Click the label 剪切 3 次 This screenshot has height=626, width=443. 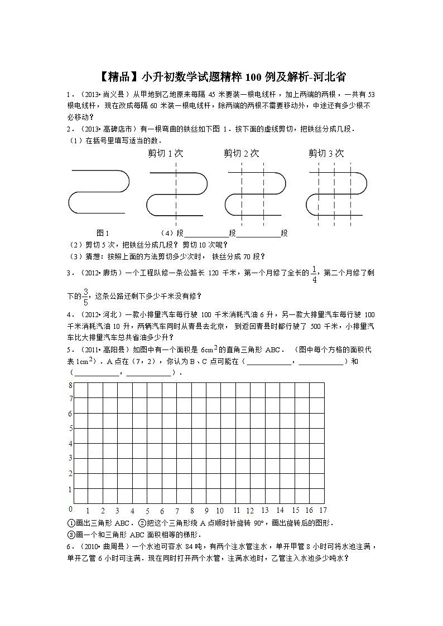click(326, 153)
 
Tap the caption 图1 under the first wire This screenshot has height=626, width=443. click(103, 233)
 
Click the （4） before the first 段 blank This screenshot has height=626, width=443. click(167, 233)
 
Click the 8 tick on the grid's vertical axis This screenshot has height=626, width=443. click(70, 385)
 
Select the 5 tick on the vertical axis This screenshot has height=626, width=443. click(70, 429)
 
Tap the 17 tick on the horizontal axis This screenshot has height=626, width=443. click(322, 510)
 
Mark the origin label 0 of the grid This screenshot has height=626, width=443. click(70, 509)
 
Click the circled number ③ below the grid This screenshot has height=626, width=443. click(71, 533)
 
